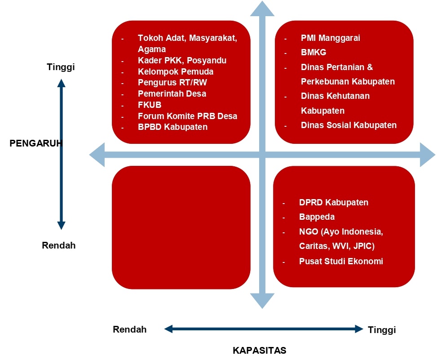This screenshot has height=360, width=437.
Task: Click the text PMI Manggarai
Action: [x=330, y=38]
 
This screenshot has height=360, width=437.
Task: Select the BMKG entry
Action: [x=313, y=53]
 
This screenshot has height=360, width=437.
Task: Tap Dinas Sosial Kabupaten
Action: [x=349, y=125]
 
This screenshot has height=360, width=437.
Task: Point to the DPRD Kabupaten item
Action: [x=334, y=202]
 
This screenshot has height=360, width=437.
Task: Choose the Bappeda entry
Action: [x=317, y=217]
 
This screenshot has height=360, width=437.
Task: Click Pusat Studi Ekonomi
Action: [x=341, y=261]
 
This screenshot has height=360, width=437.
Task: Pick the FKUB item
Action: [x=150, y=105]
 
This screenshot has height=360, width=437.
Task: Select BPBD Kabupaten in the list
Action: [x=172, y=127]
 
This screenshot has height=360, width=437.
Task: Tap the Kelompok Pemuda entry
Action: [x=176, y=71]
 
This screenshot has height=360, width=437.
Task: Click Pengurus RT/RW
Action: [x=172, y=83]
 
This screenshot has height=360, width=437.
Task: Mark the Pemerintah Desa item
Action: [x=172, y=93]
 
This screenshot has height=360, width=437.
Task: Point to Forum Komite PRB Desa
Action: [x=187, y=116]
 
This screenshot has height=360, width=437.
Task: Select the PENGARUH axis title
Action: [x=36, y=143]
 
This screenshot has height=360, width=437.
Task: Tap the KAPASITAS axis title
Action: [x=259, y=350]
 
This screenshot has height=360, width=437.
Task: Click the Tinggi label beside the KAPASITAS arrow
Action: [x=382, y=330]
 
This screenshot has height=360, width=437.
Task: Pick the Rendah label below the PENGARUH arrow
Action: [x=58, y=245]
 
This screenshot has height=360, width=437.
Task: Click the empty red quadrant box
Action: [x=181, y=227]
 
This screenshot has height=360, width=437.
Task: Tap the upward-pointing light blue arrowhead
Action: [x=262, y=9]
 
